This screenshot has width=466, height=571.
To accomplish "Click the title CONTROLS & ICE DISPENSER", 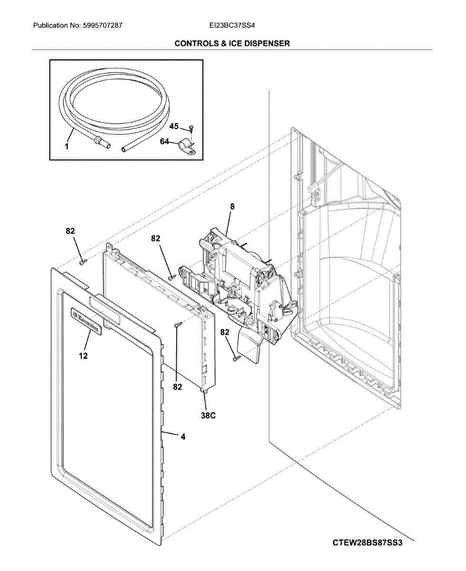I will [232, 43].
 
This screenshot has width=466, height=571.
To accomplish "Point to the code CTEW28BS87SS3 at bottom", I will [367, 543].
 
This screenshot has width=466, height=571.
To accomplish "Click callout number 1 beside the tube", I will [67, 147].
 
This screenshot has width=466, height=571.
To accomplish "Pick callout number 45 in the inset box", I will [174, 126].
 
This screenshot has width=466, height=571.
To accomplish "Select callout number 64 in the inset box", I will [164, 141].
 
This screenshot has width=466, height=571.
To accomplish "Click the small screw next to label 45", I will [190, 128].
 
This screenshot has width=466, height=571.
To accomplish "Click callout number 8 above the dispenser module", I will [232, 207].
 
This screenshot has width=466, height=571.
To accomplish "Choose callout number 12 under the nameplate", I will [83, 355].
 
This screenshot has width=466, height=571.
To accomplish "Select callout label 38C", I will [208, 415].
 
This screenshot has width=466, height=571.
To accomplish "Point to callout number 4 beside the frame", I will [183, 436].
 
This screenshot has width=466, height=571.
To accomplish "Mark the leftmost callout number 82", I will [70, 231].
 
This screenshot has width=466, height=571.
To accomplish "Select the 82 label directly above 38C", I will [177, 387].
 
